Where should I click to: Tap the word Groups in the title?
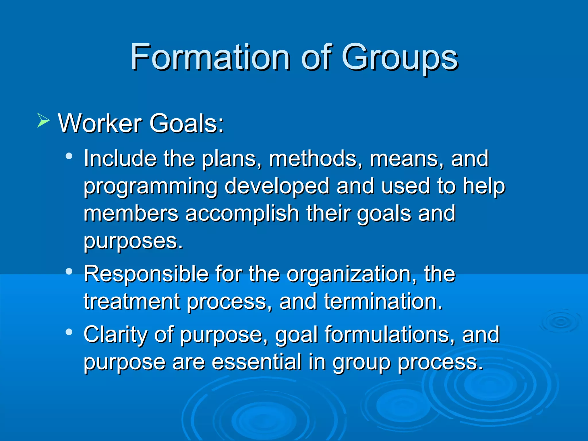[399, 57]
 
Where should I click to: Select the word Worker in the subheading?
[100, 123]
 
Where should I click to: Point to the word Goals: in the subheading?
[186, 123]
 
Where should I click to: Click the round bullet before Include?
[69, 156]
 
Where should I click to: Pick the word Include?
[120, 158]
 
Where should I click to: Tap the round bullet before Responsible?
[69, 271]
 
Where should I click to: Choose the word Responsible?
[146, 274]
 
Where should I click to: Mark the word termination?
[383, 301]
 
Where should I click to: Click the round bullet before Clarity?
[69, 332]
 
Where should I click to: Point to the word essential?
[257, 362]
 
